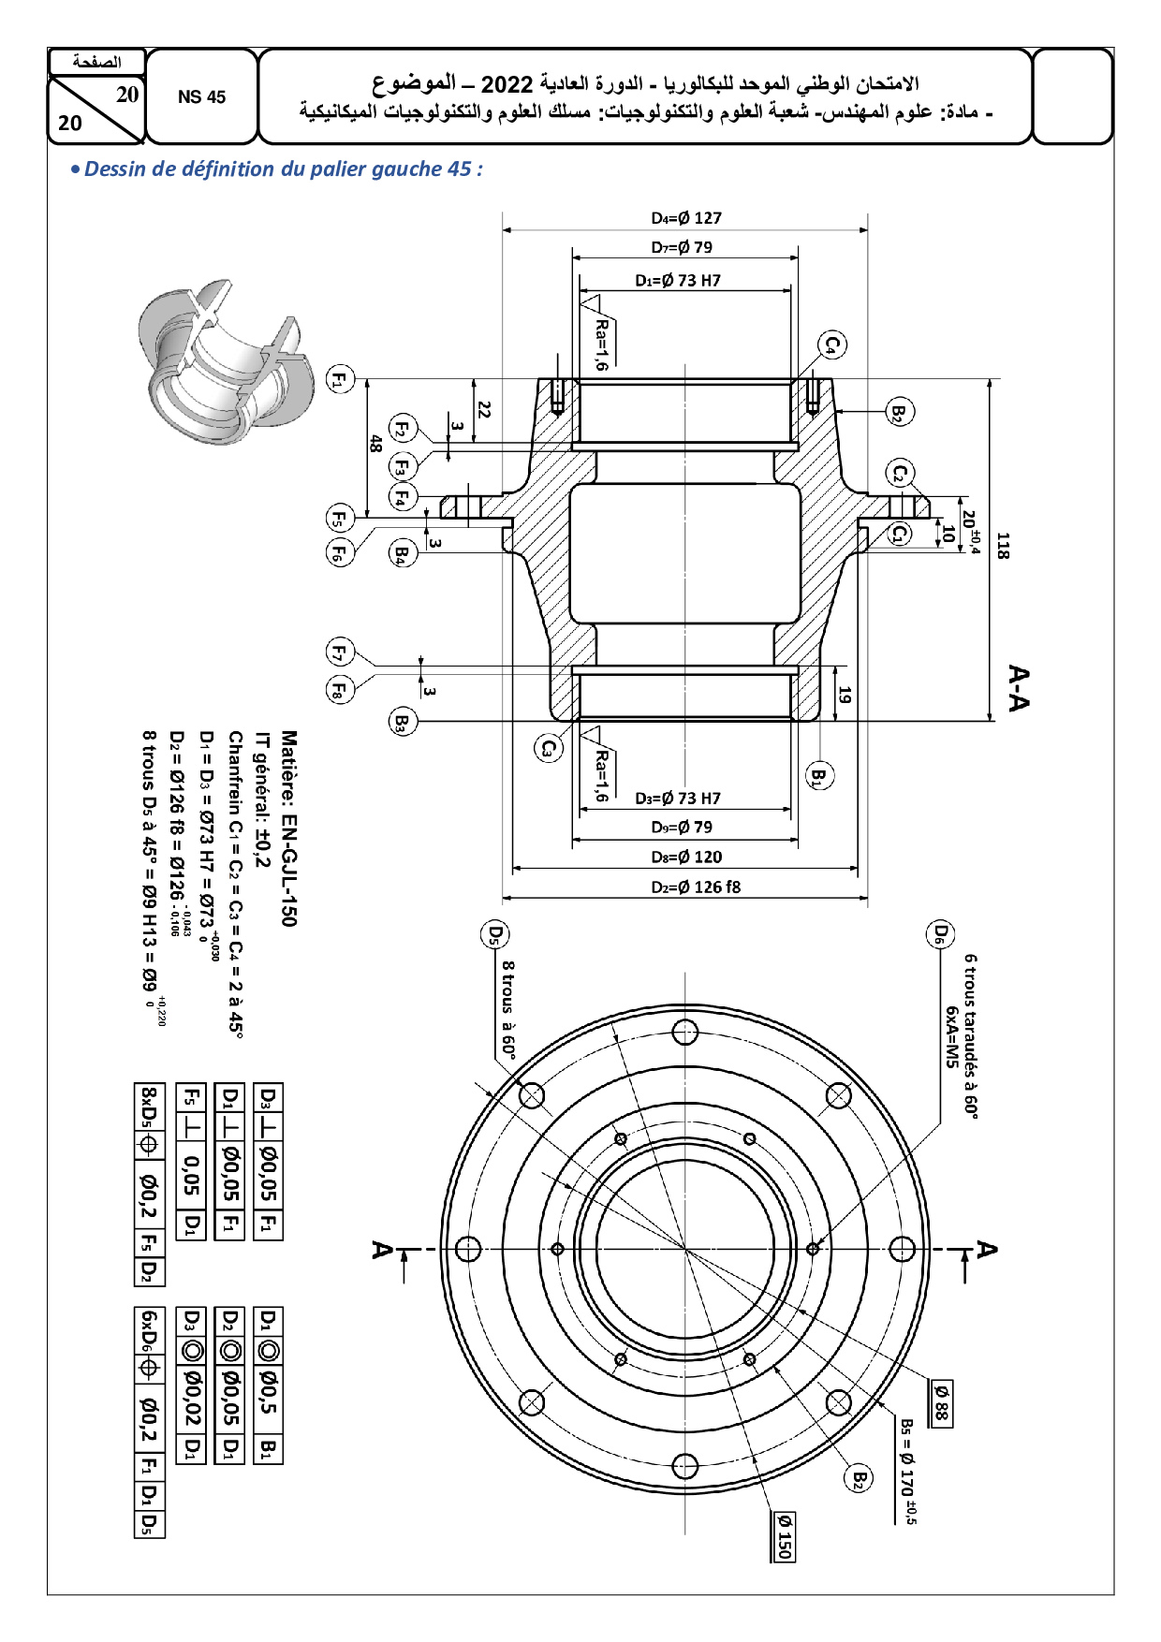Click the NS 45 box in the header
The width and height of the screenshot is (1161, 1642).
pyautogui.click(x=201, y=97)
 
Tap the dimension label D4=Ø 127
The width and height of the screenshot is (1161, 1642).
pyautogui.click(x=686, y=218)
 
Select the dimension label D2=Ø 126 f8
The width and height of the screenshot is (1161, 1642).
pyautogui.click(x=696, y=887)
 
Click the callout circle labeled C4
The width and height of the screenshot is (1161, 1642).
pyautogui.click(x=832, y=345)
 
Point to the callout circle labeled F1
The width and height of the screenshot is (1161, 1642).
pyautogui.click(x=339, y=380)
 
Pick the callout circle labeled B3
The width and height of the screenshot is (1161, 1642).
pyautogui.click(x=402, y=722)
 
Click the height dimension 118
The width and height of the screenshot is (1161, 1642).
pyautogui.click(x=1003, y=546)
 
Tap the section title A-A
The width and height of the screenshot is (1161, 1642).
pyautogui.click(x=1019, y=688)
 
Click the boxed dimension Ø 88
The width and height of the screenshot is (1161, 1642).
pyautogui.click(x=941, y=1402)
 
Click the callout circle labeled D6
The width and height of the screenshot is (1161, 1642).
pyautogui.click(x=940, y=934)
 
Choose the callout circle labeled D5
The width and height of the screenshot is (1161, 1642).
pyautogui.click(x=495, y=934)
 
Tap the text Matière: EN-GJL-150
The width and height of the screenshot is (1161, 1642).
pyautogui.click(x=289, y=828)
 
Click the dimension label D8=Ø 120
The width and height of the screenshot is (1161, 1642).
pyautogui.click(x=686, y=857)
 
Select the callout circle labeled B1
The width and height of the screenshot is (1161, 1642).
pyautogui.click(x=818, y=775)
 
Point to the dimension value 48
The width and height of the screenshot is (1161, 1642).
pyautogui.click(x=375, y=443)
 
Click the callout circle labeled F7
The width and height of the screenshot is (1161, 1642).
pyautogui.click(x=339, y=652)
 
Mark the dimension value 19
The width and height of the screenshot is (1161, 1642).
pyautogui.click(x=845, y=696)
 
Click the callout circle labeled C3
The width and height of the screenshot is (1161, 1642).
pyautogui.click(x=549, y=748)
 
